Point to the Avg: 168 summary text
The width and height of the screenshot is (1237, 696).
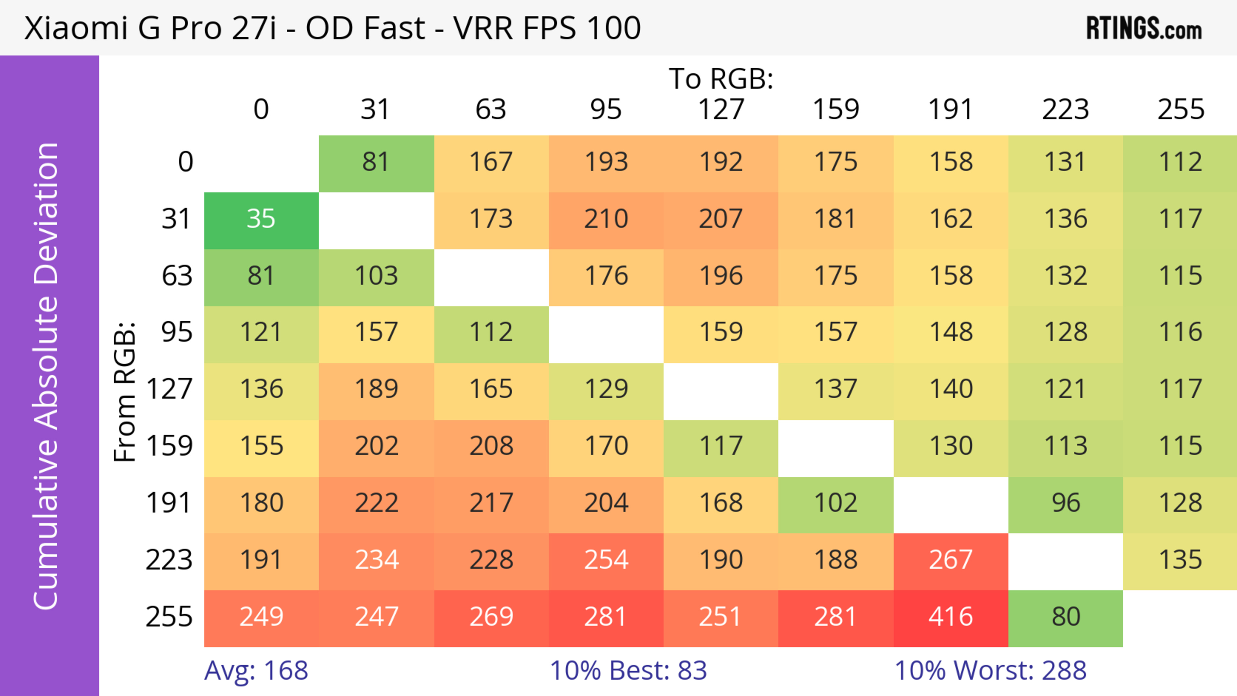256,671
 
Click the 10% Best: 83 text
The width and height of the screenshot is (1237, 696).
628,671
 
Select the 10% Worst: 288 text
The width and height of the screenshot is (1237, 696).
990,671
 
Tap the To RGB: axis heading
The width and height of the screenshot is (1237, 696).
721,79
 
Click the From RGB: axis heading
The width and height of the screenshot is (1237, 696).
125,392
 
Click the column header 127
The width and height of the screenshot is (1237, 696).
721,110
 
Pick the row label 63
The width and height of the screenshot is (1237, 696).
177,276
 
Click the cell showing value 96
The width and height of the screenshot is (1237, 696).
1066,503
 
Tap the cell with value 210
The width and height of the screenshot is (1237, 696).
606,219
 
